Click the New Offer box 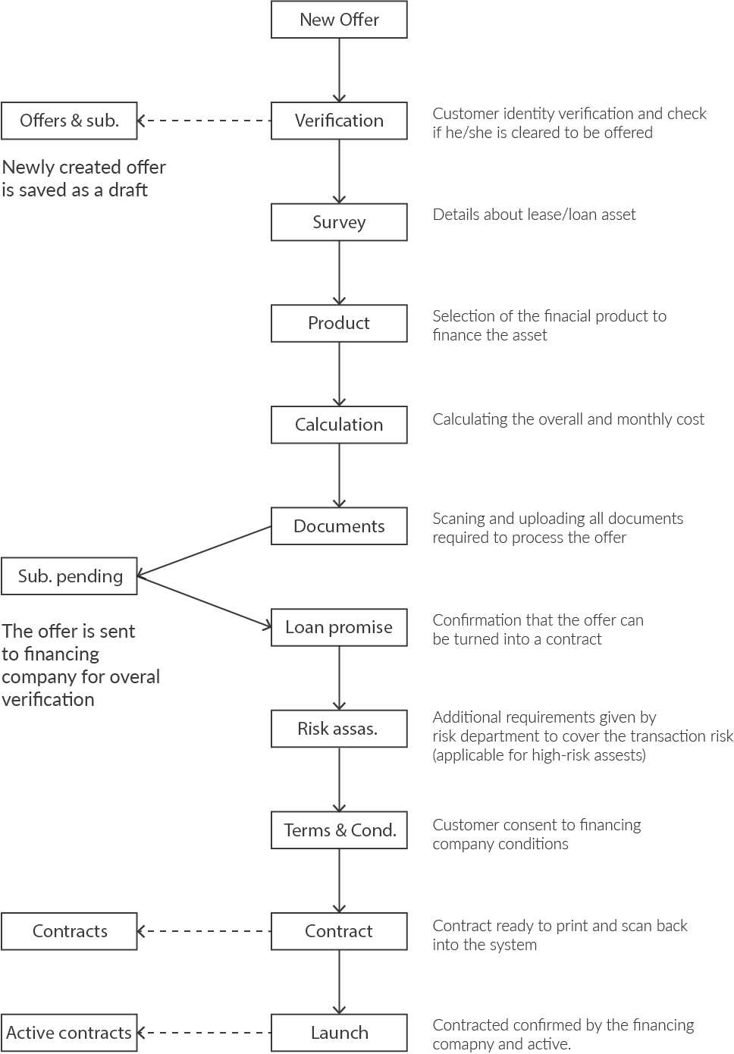click(x=339, y=20)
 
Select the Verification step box click(x=339, y=121)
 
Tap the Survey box click(x=339, y=222)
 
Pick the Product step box click(x=339, y=323)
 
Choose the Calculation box click(x=339, y=425)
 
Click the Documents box click(x=339, y=526)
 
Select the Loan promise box click(x=339, y=627)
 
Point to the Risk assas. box click(x=339, y=729)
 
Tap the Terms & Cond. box click(x=339, y=830)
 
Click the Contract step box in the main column click(x=339, y=931)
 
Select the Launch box click(x=339, y=1033)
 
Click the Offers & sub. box click(x=69, y=121)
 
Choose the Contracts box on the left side click(x=69, y=931)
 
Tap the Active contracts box click(x=69, y=1033)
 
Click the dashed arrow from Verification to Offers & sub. click(x=205, y=121)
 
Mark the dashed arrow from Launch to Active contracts click(x=205, y=1033)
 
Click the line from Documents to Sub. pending click(x=205, y=551)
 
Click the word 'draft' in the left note click(x=128, y=190)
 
